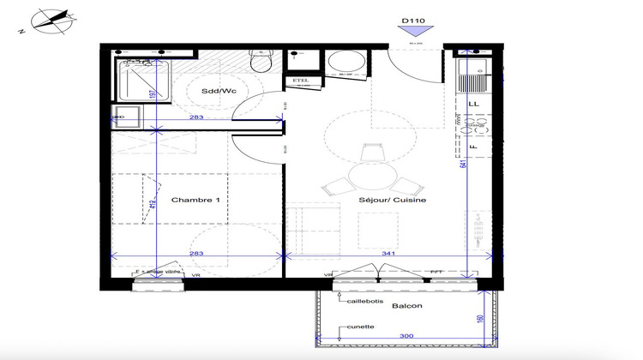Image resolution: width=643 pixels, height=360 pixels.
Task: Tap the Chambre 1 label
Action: point(196,200)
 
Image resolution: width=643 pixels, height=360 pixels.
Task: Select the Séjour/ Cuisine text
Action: point(393,200)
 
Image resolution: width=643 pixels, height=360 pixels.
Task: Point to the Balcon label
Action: point(406,304)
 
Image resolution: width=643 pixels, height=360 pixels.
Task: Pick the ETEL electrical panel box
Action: point(301,81)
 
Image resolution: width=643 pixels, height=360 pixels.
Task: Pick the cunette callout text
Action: point(359,326)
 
